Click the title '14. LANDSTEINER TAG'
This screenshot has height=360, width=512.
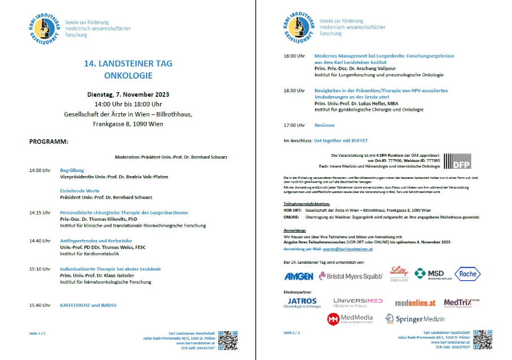pos(128,63)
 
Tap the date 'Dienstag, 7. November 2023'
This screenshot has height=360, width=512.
pos(128,95)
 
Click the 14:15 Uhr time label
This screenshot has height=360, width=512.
pos(40,213)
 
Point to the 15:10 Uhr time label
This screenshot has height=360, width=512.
pos(40,269)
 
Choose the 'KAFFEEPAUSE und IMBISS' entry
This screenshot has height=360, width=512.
pos(88,305)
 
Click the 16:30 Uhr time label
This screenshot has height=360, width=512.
pos(294,91)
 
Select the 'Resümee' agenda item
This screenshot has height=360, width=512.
pos(324,125)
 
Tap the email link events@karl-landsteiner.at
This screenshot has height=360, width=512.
pos(343,249)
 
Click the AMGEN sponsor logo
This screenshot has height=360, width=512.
pos(298,276)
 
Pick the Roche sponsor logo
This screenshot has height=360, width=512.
pos(467,274)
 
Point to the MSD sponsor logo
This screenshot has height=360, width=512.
pos(430,274)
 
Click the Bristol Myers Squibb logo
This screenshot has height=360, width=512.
pos(351,276)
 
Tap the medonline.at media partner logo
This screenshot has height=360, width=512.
pos(415,303)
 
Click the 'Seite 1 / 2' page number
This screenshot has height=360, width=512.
pos(38,333)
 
